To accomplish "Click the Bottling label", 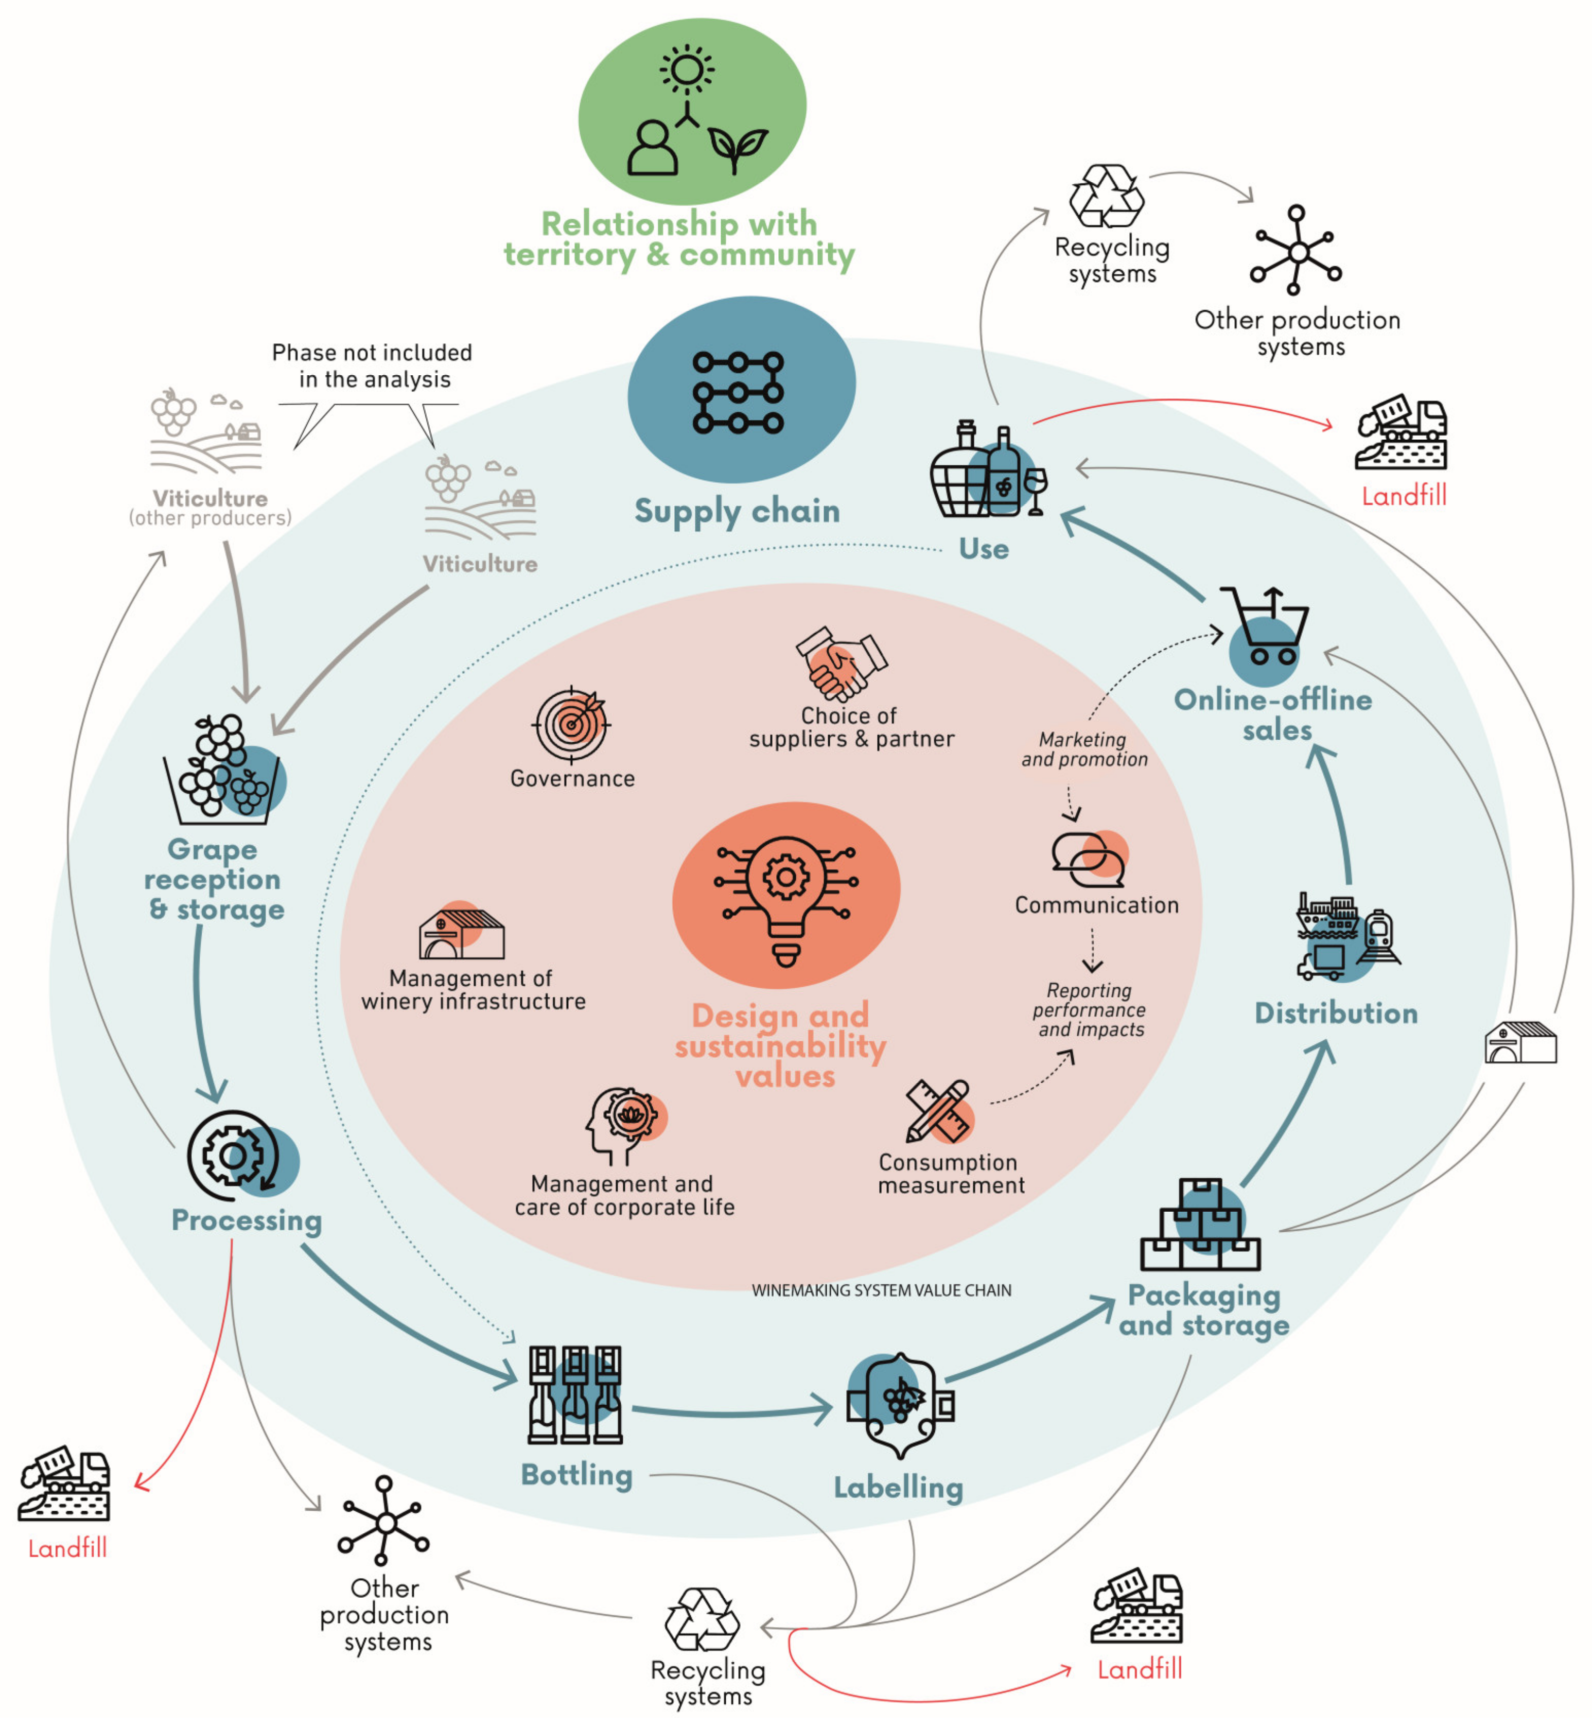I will click(576, 1474).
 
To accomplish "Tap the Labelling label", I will click(898, 1486).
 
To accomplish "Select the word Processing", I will click(247, 1220).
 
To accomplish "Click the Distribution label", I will click(1335, 1013).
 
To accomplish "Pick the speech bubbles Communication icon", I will click(1088, 859).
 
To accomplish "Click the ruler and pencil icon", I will click(938, 1111).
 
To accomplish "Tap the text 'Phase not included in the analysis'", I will click(372, 365).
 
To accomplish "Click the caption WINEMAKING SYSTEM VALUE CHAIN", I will click(881, 1289).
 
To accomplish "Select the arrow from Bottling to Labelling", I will click(732, 1410).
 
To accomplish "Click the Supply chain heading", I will click(737, 511).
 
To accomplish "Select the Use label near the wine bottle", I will click(984, 549).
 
